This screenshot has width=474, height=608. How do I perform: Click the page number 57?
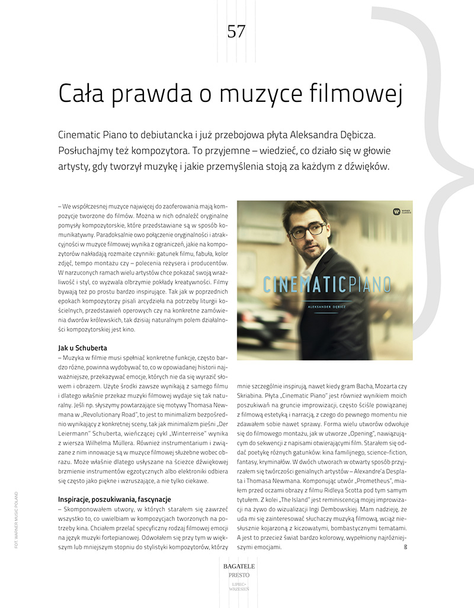click(236, 31)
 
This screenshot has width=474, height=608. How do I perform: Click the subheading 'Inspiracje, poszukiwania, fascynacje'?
click(114, 499)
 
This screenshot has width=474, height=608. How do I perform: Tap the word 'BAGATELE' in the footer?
click(236, 567)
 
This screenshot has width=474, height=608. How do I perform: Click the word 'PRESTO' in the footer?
click(236, 575)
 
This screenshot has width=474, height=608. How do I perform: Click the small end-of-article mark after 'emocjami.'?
click(405, 548)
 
